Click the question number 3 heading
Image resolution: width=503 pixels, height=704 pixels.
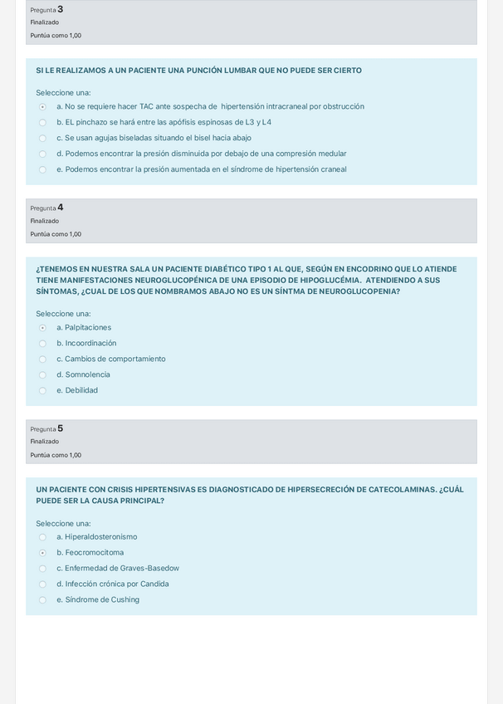pyautogui.click(x=46, y=9)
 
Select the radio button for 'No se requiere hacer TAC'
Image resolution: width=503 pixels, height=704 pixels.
pyautogui.click(x=42, y=107)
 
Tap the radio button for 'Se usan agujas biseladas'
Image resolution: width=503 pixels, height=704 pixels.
pyautogui.click(x=42, y=139)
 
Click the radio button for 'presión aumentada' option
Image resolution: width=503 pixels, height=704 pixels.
pyautogui.click(x=42, y=170)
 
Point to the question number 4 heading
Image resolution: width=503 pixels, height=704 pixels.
pyautogui.click(x=46, y=208)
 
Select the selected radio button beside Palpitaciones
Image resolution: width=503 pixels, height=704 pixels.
pyautogui.click(x=42, y=328)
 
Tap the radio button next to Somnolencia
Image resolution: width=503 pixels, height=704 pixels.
pyautogui.click(x=42, y=375)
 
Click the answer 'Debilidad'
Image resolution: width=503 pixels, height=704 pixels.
pyautogui.click(x=81, y=390)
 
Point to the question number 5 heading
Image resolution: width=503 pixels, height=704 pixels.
pyautogui.click(x=46, y=428)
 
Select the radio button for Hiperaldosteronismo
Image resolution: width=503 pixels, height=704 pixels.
pyautogui.click(x=42, y=537)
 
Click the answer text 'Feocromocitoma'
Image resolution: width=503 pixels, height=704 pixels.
pyautogui.click(x=94, y=552)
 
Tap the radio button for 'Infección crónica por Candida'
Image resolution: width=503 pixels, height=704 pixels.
pyautogui.click(x=42, y=584)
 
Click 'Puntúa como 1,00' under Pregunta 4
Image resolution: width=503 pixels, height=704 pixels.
pyautogui.click(x=56, y=234)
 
